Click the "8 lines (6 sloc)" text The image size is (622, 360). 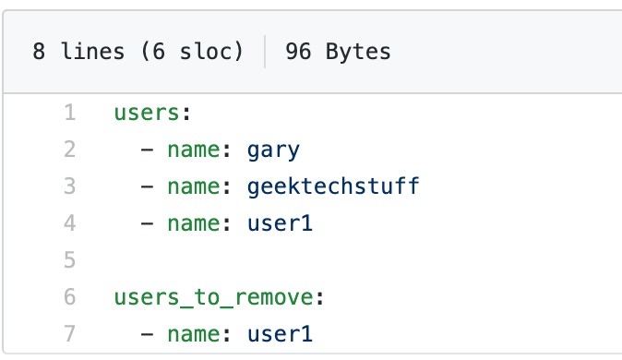tap(138, 52)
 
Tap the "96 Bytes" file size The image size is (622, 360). tap(338, 52)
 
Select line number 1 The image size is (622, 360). tap(69, 114)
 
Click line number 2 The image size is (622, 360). tap(69, 150)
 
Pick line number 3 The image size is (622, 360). tap(69, 187)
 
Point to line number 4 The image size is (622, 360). tap(69, 224)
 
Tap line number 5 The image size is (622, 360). tap(69, 261)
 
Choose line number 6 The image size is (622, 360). tap(69, 298)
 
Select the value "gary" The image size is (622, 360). tap(274, 150)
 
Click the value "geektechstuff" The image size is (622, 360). tap(333, 187)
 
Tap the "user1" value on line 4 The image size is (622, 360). tap(281, 224)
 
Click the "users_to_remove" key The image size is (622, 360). tap(211, 298)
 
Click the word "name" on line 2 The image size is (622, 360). tap(194, 150)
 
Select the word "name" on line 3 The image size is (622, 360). tap(194, 187)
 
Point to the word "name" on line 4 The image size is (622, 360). tap(194, 224)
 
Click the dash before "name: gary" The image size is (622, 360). tap(148, 150)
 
